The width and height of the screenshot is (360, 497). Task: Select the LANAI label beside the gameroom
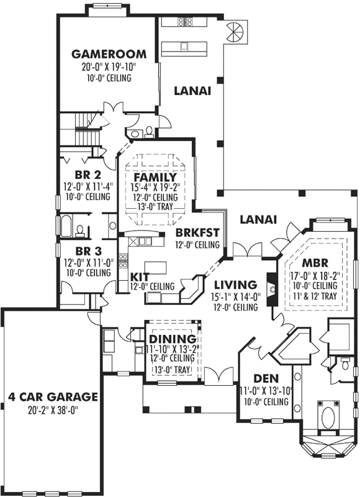(192, 90)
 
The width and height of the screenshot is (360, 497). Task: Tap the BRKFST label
(197, 232)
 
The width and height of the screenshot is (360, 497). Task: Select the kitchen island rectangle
(159, 267)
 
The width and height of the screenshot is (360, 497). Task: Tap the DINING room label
(173, 339)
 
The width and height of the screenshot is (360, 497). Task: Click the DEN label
(266, 378)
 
